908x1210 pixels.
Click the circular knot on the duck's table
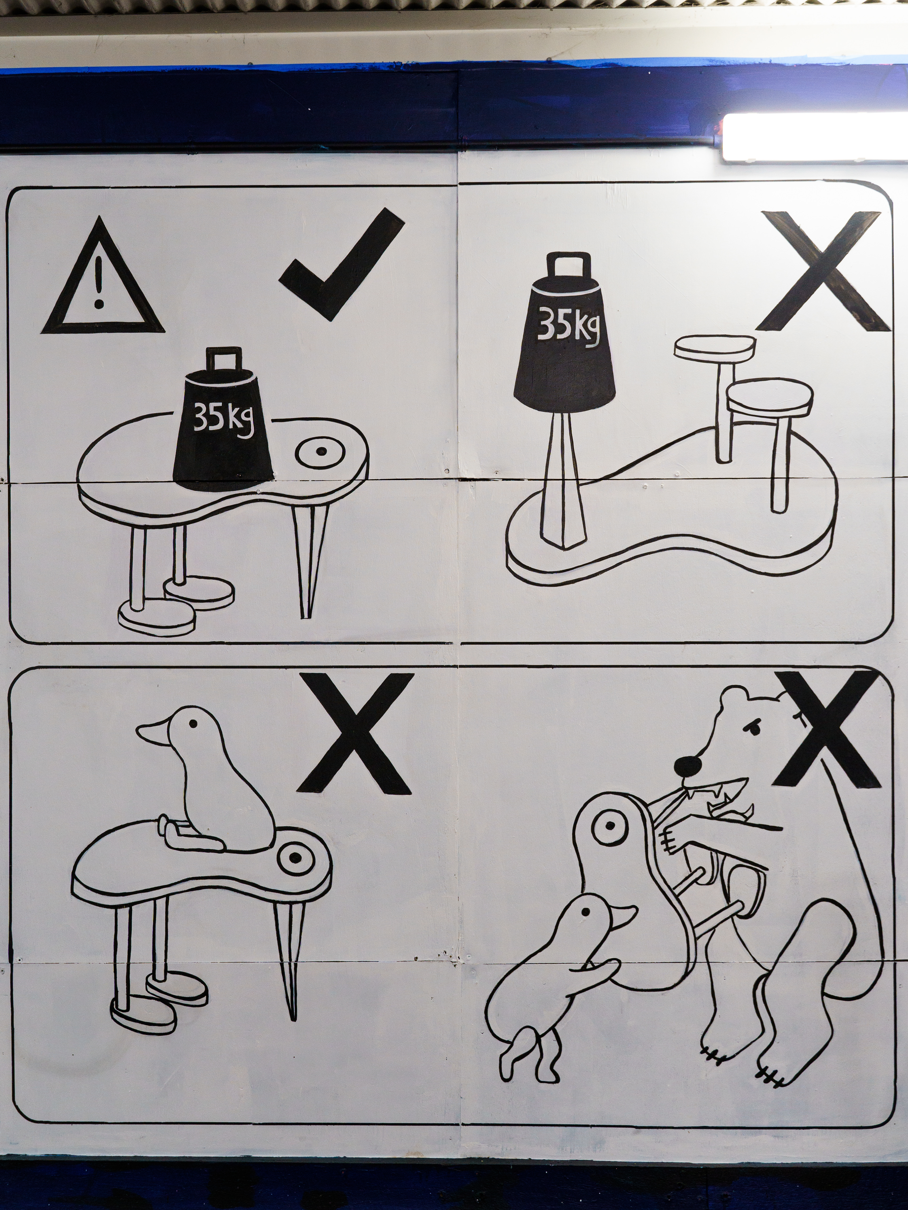click(x=296, y=858)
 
